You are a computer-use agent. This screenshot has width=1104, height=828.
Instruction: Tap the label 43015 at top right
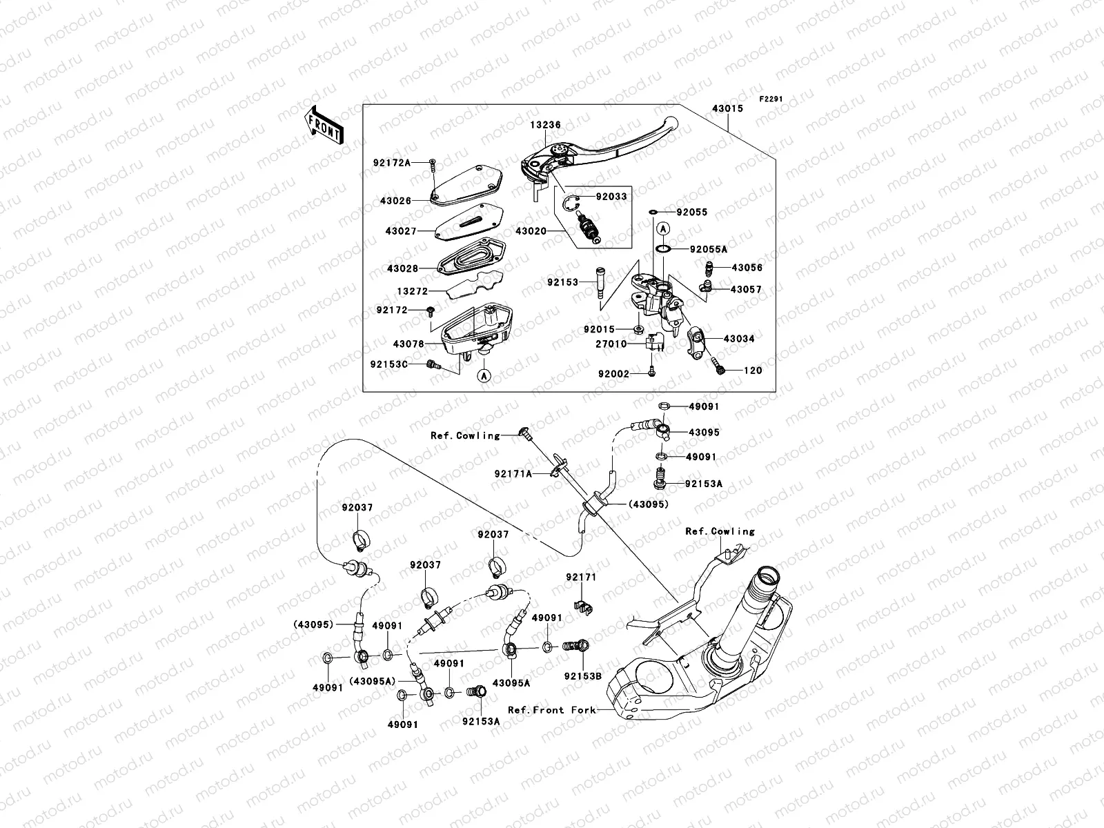point(728,108)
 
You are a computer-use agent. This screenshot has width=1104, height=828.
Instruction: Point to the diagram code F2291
point(772,99)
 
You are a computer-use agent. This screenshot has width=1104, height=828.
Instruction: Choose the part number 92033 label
point(611,197)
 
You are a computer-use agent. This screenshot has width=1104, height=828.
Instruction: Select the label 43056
point(747,268)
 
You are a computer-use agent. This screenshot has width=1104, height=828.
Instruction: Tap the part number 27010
point(611,344)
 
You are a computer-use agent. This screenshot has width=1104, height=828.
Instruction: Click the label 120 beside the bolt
point(753,371)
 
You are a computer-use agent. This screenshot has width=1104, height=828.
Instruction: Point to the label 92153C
point(388,364)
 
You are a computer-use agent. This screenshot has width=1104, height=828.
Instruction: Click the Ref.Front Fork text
point(552,709)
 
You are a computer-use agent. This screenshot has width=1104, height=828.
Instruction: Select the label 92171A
point(513,474)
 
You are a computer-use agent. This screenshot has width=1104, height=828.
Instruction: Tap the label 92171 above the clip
point(581,577)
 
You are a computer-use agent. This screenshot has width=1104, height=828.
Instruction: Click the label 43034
point(739,339)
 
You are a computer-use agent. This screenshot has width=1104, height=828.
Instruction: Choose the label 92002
point(614,373)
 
